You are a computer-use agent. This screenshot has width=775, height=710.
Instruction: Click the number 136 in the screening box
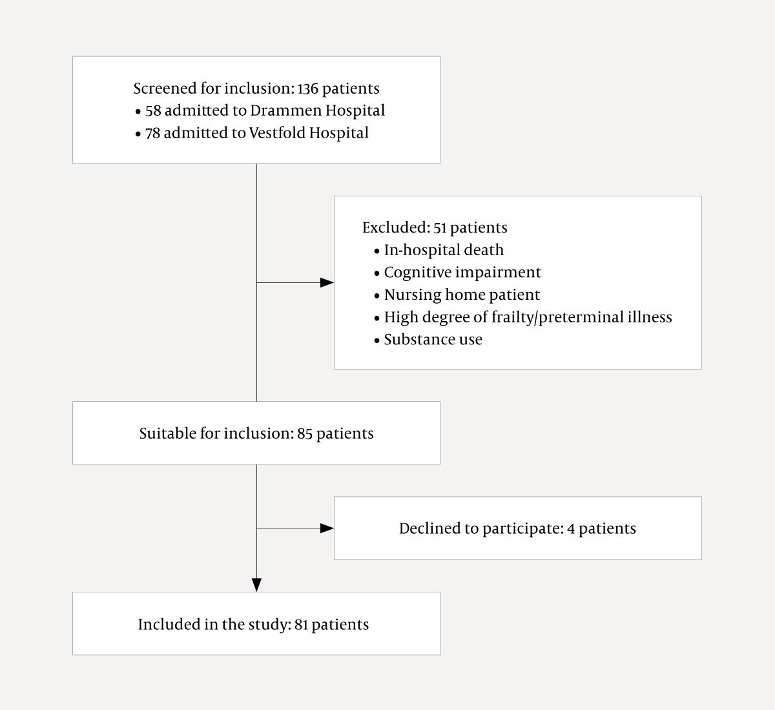click(307, 89)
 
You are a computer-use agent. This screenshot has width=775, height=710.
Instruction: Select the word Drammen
click(285, 110)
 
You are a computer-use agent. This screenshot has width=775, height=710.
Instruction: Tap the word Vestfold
click(275, 133)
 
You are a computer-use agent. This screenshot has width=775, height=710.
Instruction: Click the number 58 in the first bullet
click(153, 110)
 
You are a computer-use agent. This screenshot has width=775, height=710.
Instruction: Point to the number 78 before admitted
click(153, 133)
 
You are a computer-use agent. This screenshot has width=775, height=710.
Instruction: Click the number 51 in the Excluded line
click(440, 228)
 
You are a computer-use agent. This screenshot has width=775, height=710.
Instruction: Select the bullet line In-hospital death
click(443, 250)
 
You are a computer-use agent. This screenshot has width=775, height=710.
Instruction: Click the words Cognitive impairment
click(462, 273)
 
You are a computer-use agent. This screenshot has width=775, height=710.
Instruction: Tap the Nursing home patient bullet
click(461, 295)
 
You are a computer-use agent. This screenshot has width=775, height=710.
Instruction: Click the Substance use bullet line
click(433, 340)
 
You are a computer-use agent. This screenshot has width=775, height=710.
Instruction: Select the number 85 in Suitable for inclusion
click(305, 433)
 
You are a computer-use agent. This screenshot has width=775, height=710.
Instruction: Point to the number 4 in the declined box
click(571, 528)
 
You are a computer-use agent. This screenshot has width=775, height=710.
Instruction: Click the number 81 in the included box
click(301, 625)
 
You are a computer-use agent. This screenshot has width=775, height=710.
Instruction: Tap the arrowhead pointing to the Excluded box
click(327, 283)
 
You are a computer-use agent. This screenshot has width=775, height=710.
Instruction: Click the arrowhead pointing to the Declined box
click(327, 528)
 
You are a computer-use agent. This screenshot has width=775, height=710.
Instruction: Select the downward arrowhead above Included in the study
click(256, 585)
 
